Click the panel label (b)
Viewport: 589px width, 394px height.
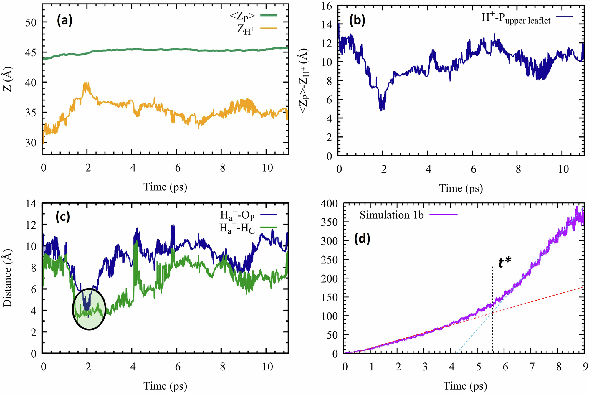[357, 20]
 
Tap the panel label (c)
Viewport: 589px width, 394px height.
[63, 217]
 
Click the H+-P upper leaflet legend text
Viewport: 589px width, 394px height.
[516, 18]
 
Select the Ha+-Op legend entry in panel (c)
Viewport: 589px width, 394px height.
[237, 215]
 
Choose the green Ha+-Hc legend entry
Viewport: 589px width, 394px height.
[237, 228]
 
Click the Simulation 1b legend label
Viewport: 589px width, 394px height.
[391, 215]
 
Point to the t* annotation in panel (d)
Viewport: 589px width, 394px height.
[504, 263]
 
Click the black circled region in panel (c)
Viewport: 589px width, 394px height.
[89, 309]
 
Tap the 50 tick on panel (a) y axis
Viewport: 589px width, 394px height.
[31, 22]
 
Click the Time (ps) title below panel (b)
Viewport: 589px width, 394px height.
[461, 188]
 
